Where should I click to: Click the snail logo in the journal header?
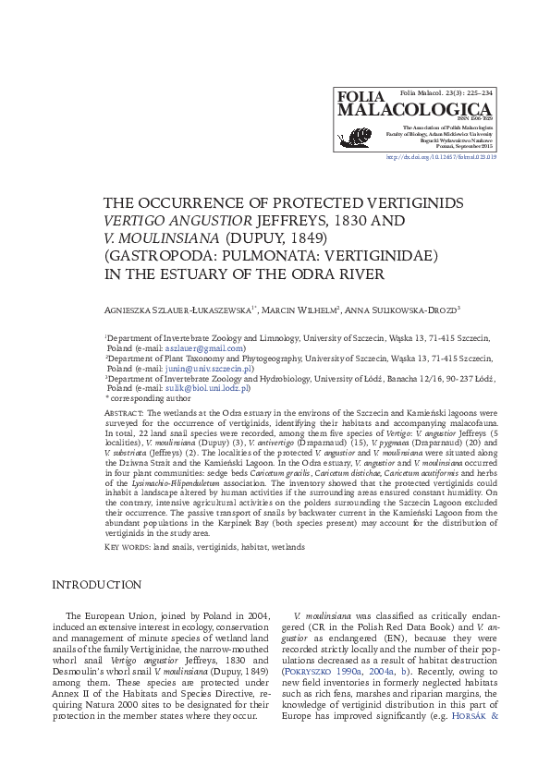pos(356,138)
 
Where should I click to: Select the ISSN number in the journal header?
pos(477,119)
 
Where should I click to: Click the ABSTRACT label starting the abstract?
pos(122,413)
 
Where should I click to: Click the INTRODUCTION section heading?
pos(97,585)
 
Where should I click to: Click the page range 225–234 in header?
pos(476,94)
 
